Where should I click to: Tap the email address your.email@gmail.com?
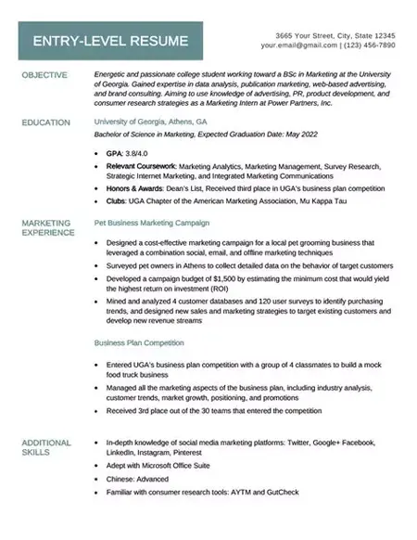pyautogui.click(x=298, y=45)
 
